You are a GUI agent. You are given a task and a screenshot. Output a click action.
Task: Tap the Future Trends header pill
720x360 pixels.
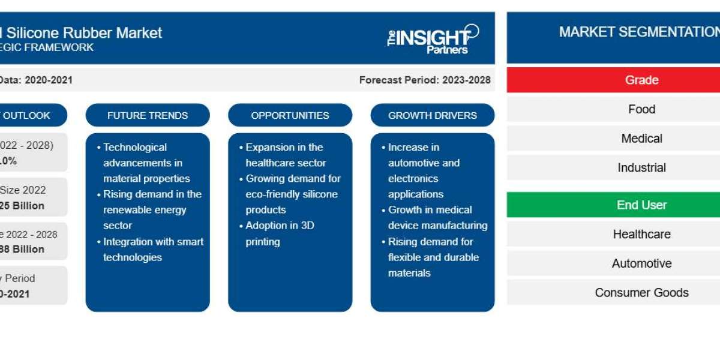click(x=148, y=115)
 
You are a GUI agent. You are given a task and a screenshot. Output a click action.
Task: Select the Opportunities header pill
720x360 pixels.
click(x=290, y=115)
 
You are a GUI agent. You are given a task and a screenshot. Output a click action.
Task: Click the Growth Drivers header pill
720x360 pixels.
click(x=433, y=115)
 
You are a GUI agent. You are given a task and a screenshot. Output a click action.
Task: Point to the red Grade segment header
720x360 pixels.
click(x=641, y=80)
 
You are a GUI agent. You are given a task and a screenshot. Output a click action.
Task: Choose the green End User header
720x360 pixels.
click(x=641, y=205)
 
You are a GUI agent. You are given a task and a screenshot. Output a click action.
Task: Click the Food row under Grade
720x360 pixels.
click(x=641, y=109)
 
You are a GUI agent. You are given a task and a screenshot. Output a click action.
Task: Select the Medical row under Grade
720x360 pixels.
click(x=641, y=139)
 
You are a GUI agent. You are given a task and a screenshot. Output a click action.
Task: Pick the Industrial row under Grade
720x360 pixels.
click(x=641, y=167)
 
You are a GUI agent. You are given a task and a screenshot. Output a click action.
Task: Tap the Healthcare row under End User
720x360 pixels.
click(x=641, y=234)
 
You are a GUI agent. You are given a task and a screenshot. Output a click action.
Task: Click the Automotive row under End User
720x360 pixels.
click(x=641, y=263)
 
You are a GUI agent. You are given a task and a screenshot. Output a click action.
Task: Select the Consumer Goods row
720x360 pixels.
click(x=641, y=292)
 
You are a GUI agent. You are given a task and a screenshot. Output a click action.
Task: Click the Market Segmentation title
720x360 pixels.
click(x=638, y=32)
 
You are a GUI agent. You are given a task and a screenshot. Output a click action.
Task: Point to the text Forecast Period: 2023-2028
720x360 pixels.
click(x=424, y=80)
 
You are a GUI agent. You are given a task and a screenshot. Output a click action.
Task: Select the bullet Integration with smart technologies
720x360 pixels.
click(x=152, y=249)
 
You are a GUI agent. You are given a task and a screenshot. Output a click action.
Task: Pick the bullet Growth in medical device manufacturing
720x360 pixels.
click(x=437, y=218)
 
